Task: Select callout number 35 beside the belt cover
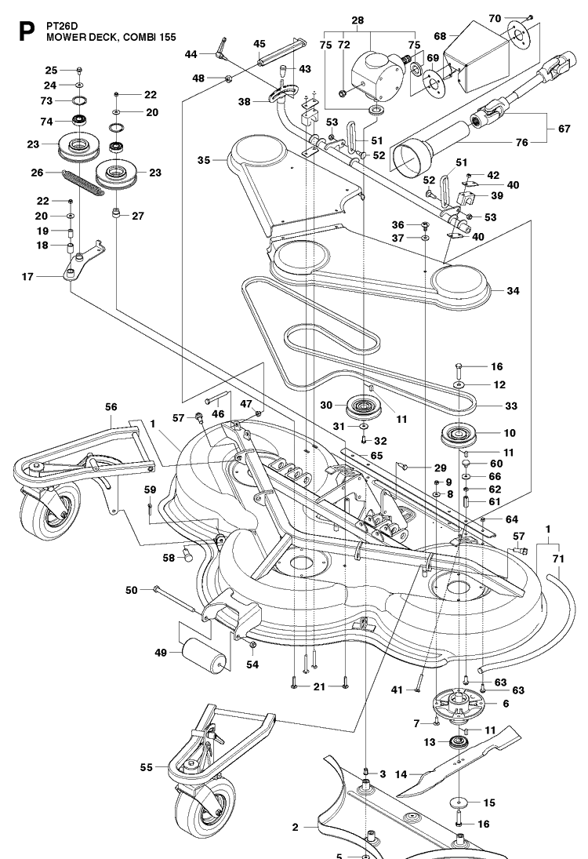pyautogui.click(x=204, y=161)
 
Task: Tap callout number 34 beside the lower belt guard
pyautogui.click(x=513, y=290)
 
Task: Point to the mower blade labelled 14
pyautogui.click(x=459, y=761)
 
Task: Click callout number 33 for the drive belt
pyautogui.click(x=511, y=406)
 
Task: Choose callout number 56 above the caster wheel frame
pyautogui.click(x=111, y=407)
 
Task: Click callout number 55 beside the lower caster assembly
pyautogui.click(x=146, y=767)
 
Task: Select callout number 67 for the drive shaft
pyautogui.click(x=564, y=129)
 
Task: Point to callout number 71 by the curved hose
pyautogui.click(x=558, y=559)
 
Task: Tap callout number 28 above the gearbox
pyautogui.click(x=358, y=21)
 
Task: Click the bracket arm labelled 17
pyautogui.click(x=83, y=261)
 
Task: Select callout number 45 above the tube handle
pyautogui.click(x=260, y=44)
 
